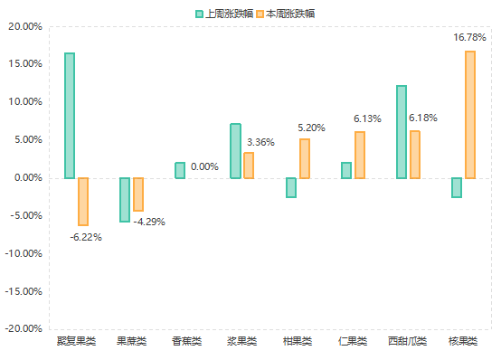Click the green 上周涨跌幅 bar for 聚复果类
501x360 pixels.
pyautogui.click(x=70, y=115)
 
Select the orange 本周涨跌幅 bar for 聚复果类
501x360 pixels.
pyautogui.click(x=83, y=201)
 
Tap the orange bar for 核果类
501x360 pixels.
pyautogui.click(x=470, y=115)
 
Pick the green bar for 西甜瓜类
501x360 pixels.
pyautogui.click(x=402, y=132)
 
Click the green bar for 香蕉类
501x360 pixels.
pyautogui.click(x=180, y=170)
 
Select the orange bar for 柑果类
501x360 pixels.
pyautogui.click(x=305, y=158)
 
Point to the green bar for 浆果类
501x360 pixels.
pyautogui.click(x=235, y=151)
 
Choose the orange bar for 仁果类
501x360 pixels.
pyautogui.click(x=360, y=155)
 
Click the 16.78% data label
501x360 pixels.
pyautogui.click(x=469, y=38)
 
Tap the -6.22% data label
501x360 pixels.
pyautogui.click(x=86, y=237)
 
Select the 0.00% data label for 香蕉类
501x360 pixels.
pyautogui.click(x=204, y=166)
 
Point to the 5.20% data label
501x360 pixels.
pyautogui.click(x=312, y=128)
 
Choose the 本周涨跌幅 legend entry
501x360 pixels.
pyautogui.click(x=285, y=14)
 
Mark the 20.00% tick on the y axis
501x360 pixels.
pyautogui.click(x=25, y=26)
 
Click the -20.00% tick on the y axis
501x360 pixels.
pyautogui.click(x=24, y=329)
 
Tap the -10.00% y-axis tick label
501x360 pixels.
pyautogui.click(x=24, y=253)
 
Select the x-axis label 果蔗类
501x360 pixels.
pyautogui.click(x=132, y=342)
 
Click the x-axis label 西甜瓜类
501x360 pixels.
pyautogui.click(x=407, y=342)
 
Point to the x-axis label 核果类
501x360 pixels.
pyautogui.click(x=463, y=342)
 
